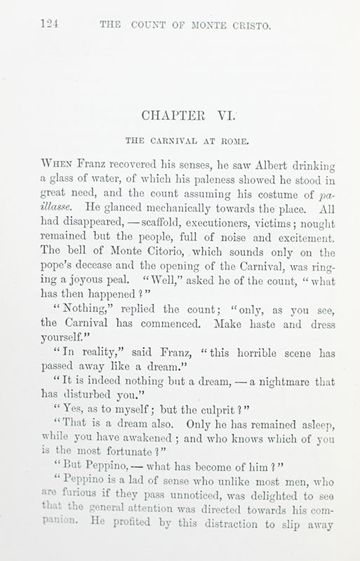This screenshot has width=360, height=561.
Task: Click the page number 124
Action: click(x=49, y=27)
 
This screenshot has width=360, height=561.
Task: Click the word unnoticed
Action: click(x=158, y=487)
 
